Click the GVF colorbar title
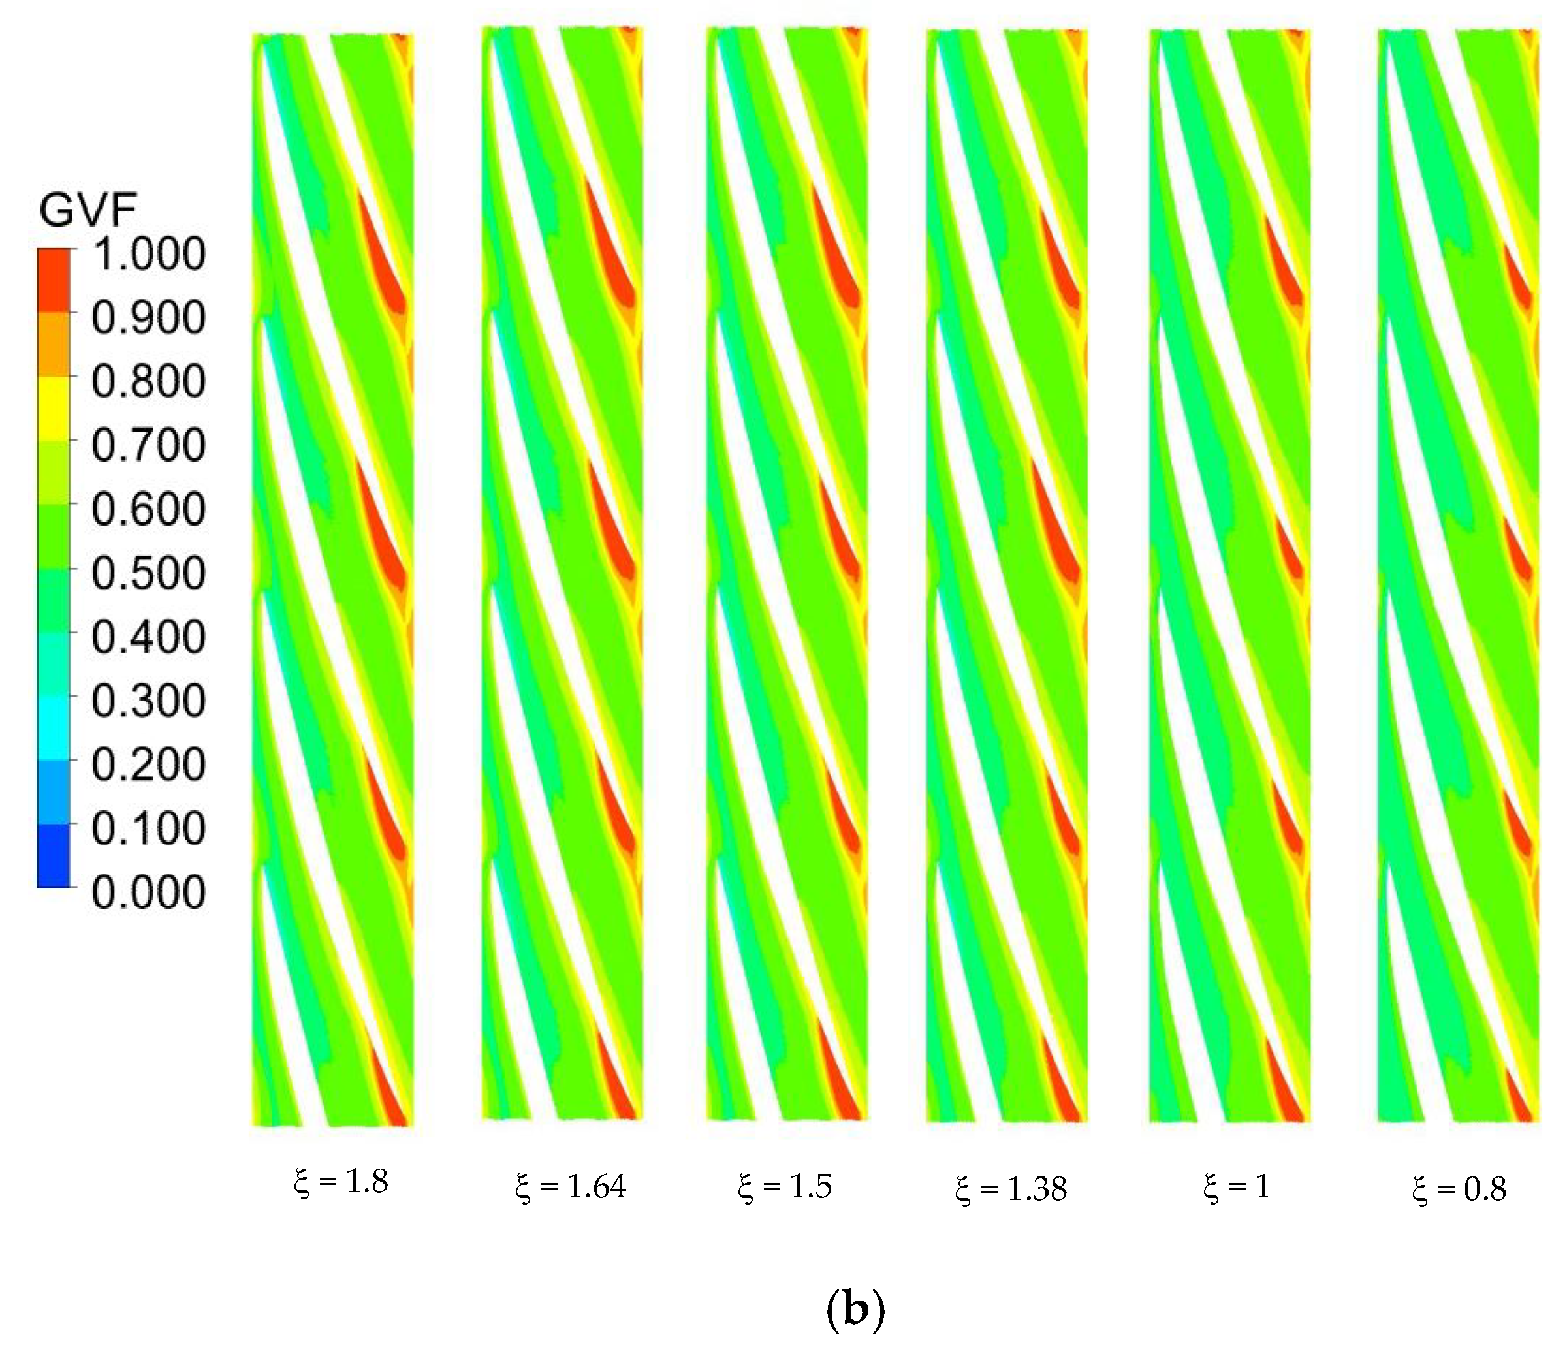coord(87,210)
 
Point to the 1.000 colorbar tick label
coord(148,253)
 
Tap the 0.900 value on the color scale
coord(148,317)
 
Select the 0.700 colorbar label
coord(148,445)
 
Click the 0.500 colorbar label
coord(148,573)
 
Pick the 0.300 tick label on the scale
coord(148,701)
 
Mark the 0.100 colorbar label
coord(148,828)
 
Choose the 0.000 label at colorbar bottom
coord(148,892)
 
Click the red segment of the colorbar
coord(54,281)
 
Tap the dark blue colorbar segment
coord(54,855)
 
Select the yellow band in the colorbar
coord(54,408)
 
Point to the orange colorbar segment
coord(54,344)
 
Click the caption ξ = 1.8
coord(341,1182)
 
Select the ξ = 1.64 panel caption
coord(571,1186)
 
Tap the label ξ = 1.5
coord(785,1186)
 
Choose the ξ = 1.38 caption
coord(1011,1190)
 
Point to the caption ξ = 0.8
coord(1459,1190)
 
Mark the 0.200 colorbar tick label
coord(148,765)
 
